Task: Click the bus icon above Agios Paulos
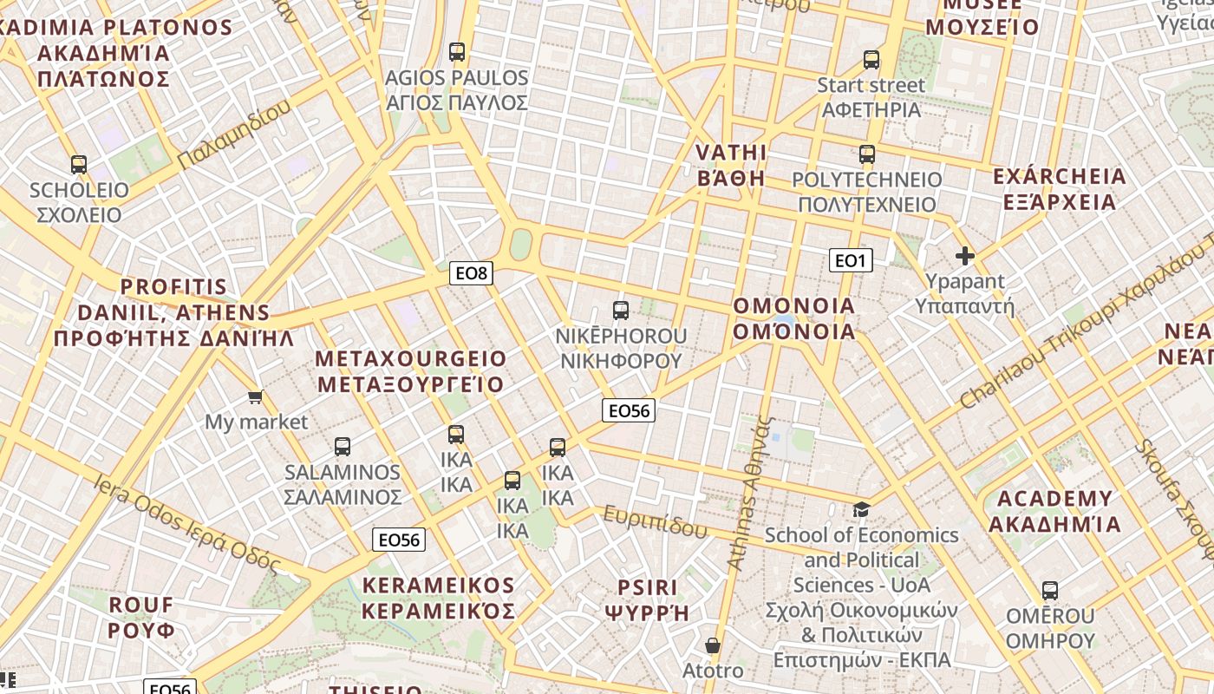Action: click(457, 52)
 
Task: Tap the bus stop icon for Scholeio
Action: click(79, 164)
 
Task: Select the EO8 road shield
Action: click(472, 273)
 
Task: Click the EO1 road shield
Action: click(850, 260)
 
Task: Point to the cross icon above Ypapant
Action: click(964, 256)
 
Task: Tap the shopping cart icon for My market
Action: click(255, 397)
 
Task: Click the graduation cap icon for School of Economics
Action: click(861, 509)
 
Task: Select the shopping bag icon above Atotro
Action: click(713, 645)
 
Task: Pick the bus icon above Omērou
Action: click(1050, 591)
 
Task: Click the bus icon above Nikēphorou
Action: click(621, 311)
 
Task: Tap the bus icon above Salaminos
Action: click(343, 447)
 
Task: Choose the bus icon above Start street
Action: click(871, 60)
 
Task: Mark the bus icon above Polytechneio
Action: click(867, 155)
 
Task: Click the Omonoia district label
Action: click(794, 318)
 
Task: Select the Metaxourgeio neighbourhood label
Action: click(410, 371)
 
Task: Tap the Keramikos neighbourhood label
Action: click(438, 598)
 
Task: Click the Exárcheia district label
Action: click(1059, 189)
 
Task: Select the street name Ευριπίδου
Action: click(656, 521)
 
